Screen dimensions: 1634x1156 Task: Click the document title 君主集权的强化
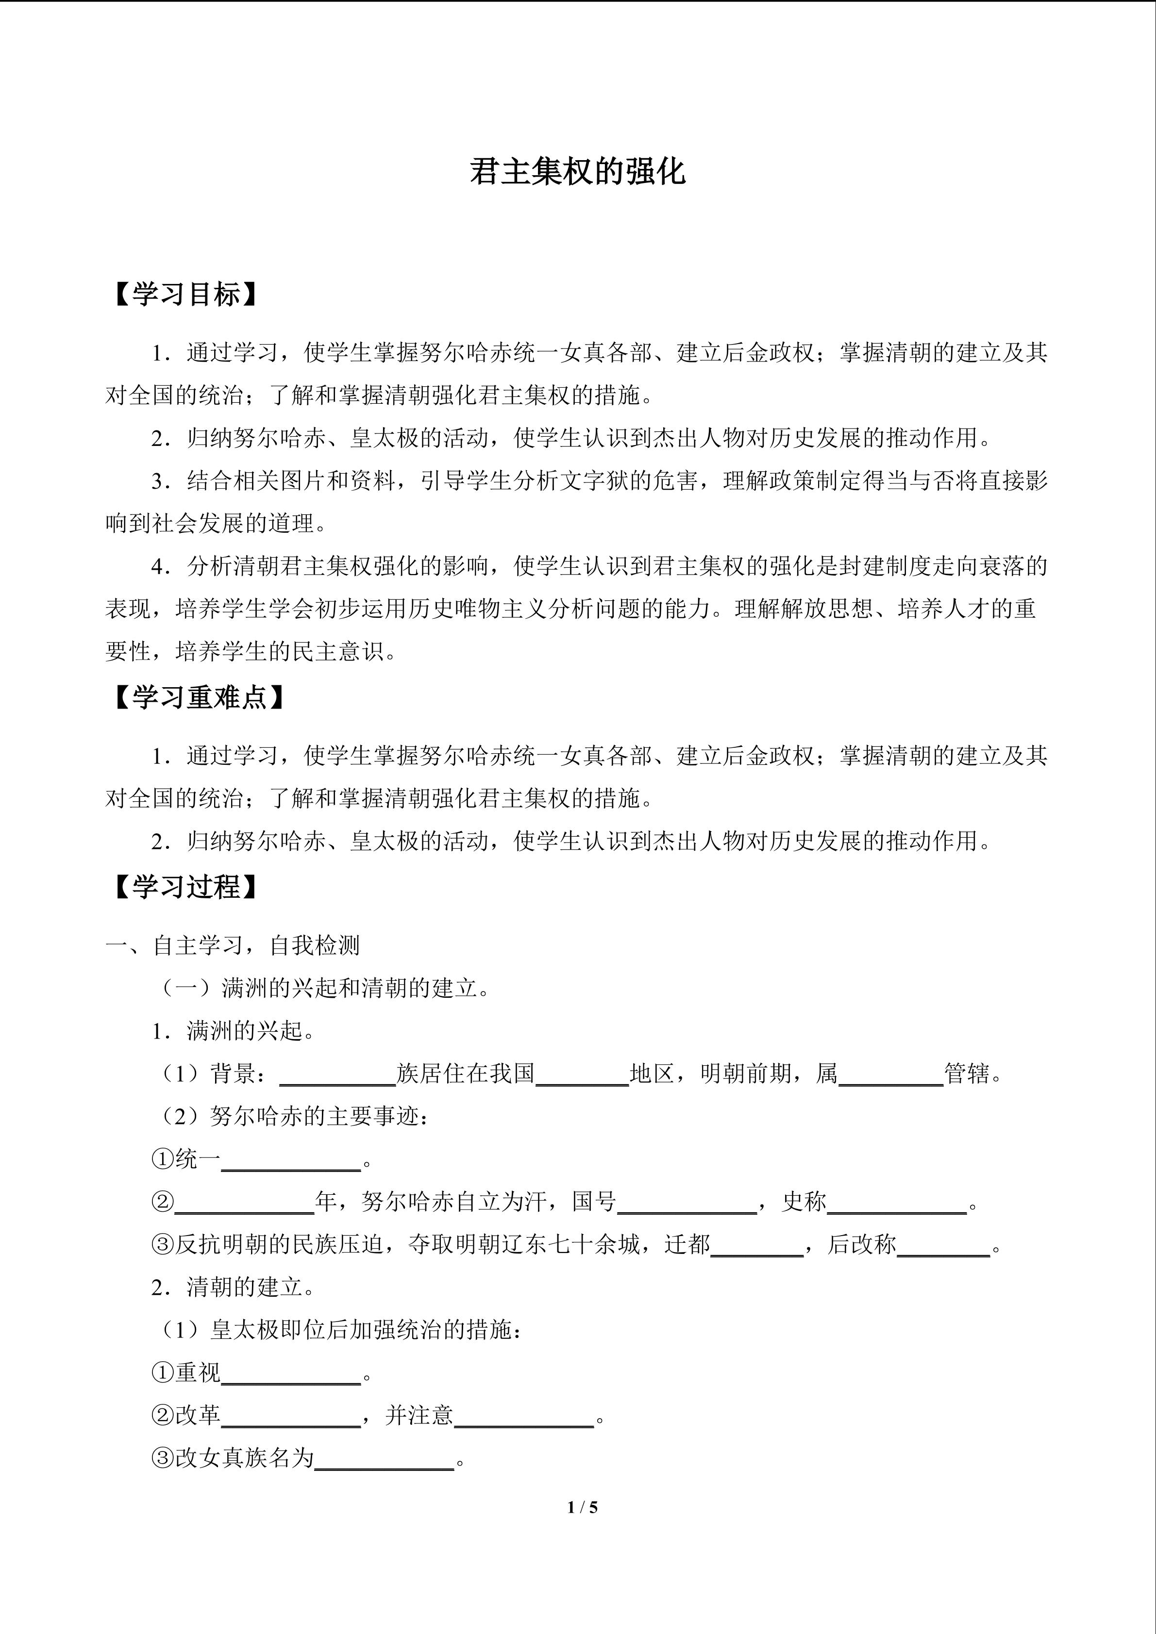(x=577, y=172)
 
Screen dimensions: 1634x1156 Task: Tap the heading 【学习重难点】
(x=200, y=697)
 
